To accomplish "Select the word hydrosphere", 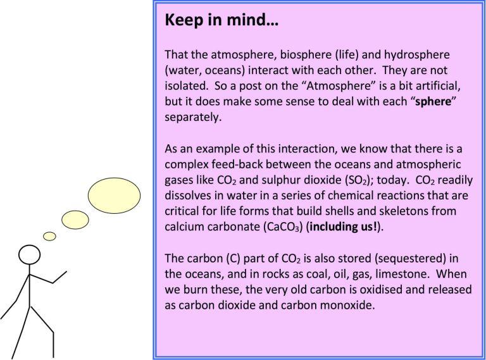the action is point(417,55).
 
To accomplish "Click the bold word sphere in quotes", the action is point(433,102).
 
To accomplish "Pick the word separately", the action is point(193,118).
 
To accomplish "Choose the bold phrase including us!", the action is point(344,227).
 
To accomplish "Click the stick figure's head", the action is point(30,255).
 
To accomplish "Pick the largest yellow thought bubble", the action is point(114,196).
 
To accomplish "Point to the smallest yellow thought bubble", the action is point(49,237).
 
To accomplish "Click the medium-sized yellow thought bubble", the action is point(75,220).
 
